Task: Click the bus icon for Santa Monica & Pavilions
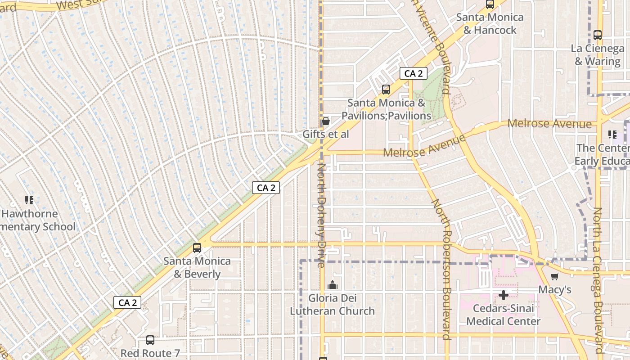point(386,89)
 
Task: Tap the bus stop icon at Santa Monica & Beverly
point(197,247)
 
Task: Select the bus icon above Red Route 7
point(150,340)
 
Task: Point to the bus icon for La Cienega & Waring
point(598,35)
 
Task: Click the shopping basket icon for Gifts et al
point(325,121)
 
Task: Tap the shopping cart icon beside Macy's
point(554,276)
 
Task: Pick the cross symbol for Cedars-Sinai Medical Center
point(504,295)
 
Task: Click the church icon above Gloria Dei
point(333,285)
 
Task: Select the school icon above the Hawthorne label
point(29,200)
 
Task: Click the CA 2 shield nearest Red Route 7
point(127,302)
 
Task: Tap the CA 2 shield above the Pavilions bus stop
point(413,73)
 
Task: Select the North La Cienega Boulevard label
point(598,279)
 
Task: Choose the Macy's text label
point(555,289)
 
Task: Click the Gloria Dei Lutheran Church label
point(332,304)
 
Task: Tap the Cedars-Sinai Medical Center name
point(503,315)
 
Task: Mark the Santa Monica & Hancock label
point(490,23)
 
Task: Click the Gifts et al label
point(325,134)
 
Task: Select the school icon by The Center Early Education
point(612,134)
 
